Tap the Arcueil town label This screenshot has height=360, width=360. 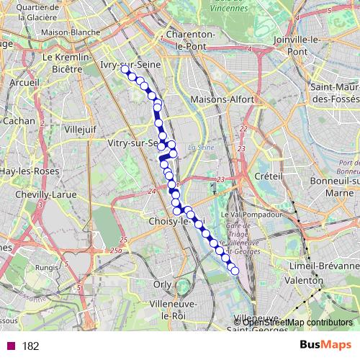24,82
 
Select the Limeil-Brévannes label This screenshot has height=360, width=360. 318,266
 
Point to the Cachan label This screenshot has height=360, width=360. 18,121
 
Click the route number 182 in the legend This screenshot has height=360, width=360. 31,346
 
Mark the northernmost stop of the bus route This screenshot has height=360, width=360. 125,71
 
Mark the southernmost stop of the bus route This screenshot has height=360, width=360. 234,271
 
